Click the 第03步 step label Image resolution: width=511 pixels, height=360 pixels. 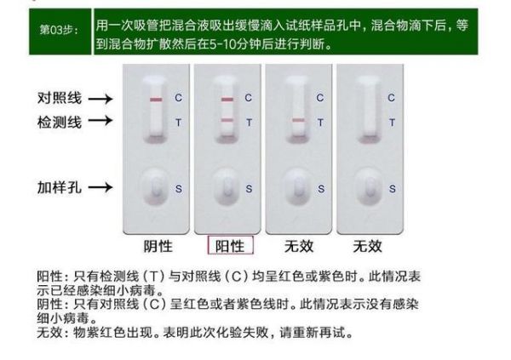click(x=59, y=31)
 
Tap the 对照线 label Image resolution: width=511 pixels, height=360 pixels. click(x=60, y=98)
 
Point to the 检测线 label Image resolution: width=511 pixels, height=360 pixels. click(x=60, y=123)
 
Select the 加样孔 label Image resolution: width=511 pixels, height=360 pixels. click(x=60, y=187)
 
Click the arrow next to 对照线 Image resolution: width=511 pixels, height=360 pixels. click(x=100, y=99)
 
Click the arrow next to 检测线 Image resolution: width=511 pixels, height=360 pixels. click(x=100, y=120)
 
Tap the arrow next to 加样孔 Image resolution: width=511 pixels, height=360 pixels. click(x=100, y=187)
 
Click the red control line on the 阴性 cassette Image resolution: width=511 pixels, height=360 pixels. click(x=156, y=100)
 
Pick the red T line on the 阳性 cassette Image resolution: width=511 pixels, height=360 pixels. click(x=227, y=120)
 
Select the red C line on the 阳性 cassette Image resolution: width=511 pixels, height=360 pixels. click(x=227, y=100)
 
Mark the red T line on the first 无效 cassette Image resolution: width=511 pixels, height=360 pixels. click(x=298, y=120)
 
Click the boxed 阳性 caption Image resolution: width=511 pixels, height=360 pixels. click(x=231, y=246)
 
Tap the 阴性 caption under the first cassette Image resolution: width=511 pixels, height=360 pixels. click(x=158, y=246)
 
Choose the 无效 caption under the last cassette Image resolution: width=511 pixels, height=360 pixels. click(x=367, y=246)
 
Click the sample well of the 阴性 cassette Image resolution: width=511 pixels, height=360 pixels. click(x=156, y=187)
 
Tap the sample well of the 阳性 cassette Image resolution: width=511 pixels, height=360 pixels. click(x=227, y=187)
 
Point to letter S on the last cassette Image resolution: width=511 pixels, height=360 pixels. click(x=393, y=189)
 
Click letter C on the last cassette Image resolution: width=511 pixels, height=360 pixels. click(x=392, y=98)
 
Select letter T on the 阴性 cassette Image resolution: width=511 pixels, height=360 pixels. click(x=178, y=123)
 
